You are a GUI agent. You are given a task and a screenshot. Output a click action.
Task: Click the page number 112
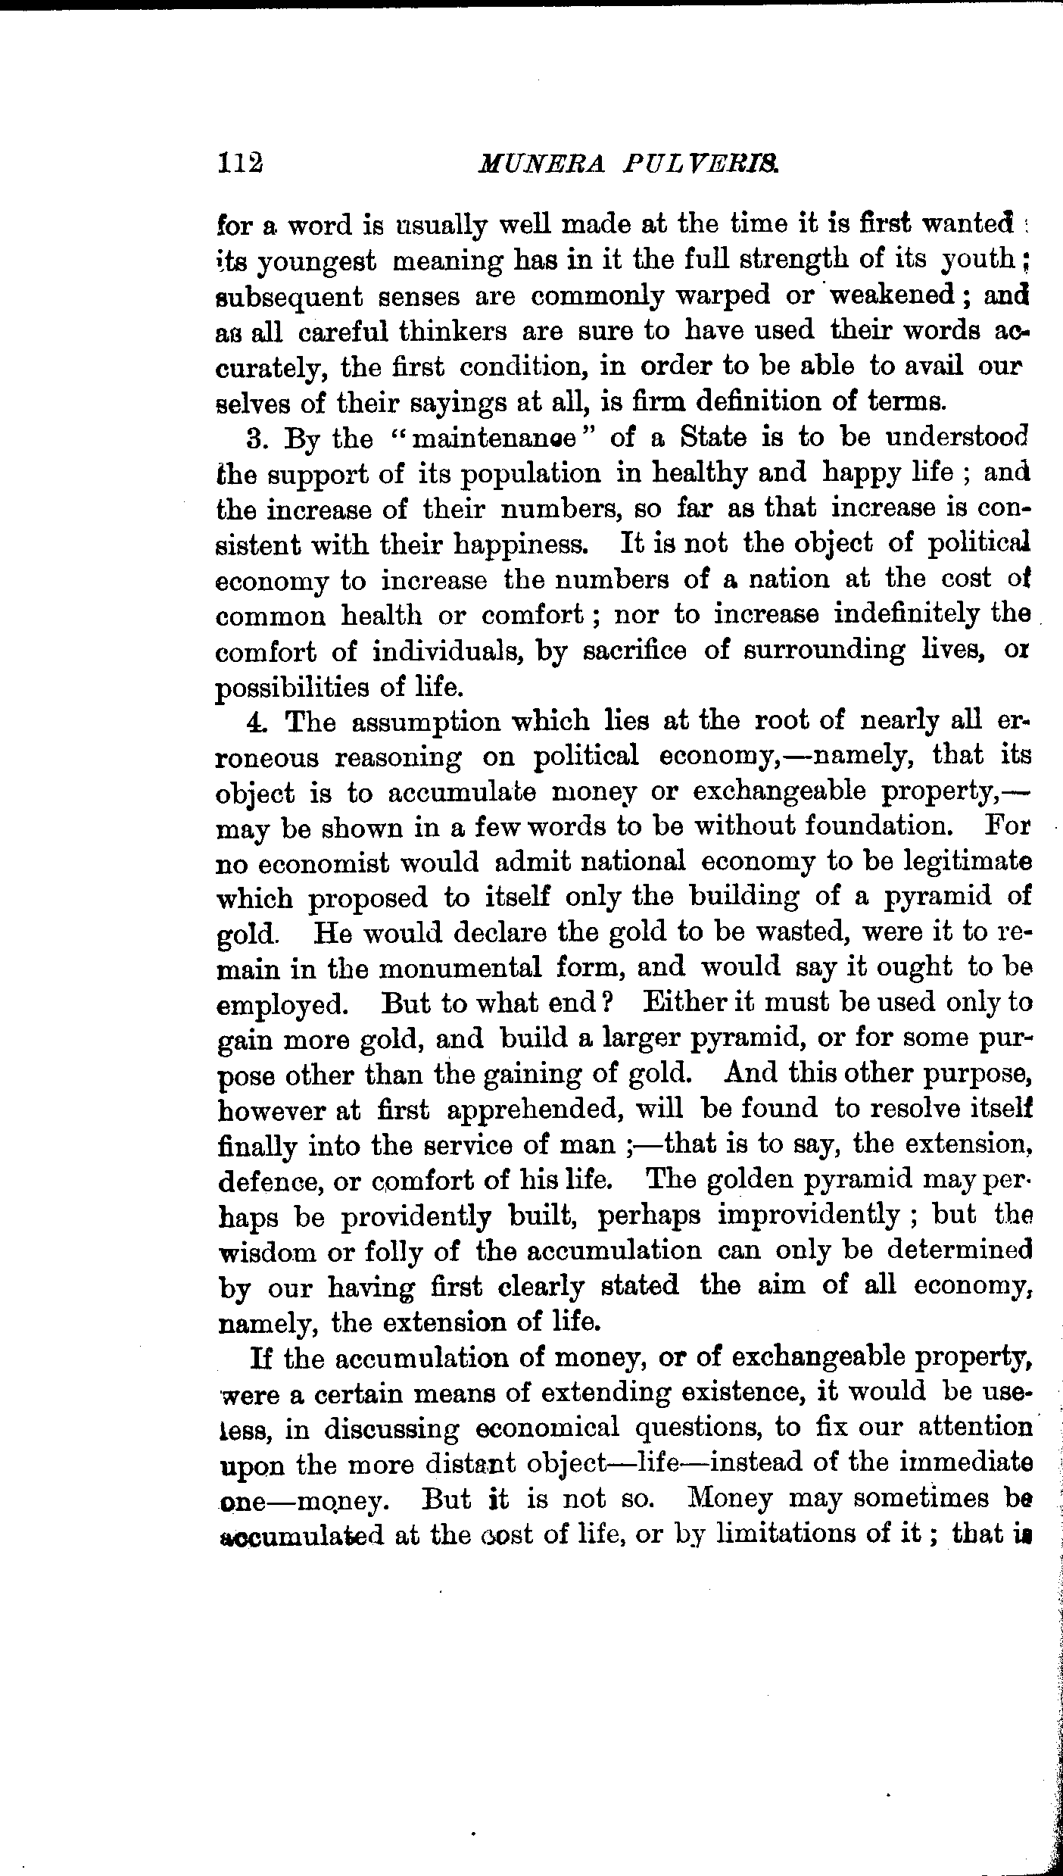238,163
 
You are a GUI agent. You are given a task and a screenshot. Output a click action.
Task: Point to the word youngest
317,261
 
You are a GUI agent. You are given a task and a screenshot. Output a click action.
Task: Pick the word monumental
460,969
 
